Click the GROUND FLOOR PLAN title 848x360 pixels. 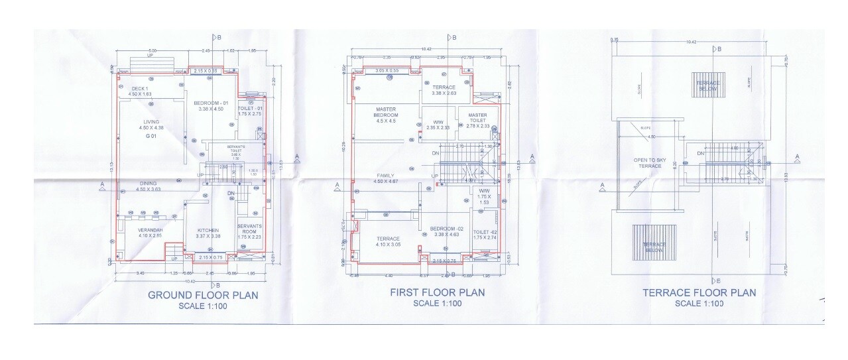(203, 295)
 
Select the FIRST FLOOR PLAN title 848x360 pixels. (437, 292)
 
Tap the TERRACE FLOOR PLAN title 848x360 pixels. (699, 292)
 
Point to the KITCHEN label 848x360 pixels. (208, 231)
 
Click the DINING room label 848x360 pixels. (149, 184)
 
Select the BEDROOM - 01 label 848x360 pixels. (211, 103)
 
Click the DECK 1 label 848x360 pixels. (139, 89)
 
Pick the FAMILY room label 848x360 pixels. (385, 176)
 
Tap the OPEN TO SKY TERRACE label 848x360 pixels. (647, 163)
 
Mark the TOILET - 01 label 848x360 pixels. (251, 109)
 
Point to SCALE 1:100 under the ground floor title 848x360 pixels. (202, 306)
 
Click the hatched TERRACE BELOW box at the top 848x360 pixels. (708, 86)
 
